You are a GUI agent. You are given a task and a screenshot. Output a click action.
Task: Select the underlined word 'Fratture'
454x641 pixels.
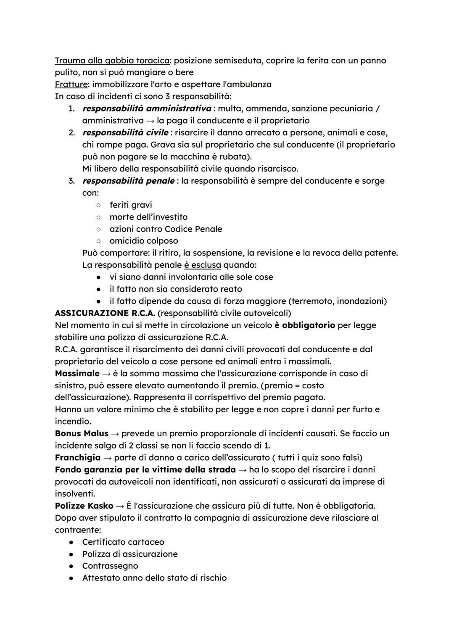(x=71, y=84)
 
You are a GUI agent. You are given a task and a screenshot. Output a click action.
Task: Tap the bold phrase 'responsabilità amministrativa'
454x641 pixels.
(x=147, y=108)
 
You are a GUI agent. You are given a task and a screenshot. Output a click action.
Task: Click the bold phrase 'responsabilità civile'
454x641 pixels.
(x=125, y=133)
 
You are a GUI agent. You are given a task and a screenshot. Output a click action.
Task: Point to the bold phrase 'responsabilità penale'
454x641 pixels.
(x=128, y=181)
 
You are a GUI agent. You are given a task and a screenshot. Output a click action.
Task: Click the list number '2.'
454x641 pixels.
(x=72, y=133)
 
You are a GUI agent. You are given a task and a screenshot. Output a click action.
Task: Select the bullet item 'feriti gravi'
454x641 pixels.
(x=131, y=205)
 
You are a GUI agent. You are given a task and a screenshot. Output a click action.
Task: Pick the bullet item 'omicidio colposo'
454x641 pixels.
(x=144, y=241)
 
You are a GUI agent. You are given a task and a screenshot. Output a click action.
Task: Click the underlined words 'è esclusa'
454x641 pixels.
(x=202, y=265)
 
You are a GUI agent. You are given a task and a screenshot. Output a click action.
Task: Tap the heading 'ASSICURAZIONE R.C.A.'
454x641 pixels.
(x=105, y=313)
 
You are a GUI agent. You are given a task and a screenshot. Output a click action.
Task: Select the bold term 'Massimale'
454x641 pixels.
(x=77, y=374)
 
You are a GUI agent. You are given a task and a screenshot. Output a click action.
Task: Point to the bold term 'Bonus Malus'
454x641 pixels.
(x=82, y=433)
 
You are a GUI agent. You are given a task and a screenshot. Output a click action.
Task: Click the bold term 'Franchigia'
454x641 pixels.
(x=78, y=457)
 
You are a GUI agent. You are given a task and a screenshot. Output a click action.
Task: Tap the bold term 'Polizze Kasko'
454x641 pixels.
(x=84, y=506)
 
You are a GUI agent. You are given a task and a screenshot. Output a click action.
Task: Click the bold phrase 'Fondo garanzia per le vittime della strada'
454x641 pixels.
(x=145, y=470)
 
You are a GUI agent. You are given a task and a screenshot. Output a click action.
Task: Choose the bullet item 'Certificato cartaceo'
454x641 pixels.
(x=123, y=542)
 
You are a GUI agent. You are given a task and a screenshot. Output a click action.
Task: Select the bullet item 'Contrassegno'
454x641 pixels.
(x=110, y=566)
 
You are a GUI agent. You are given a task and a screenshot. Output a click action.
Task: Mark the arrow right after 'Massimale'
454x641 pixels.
(x=106, y=374)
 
